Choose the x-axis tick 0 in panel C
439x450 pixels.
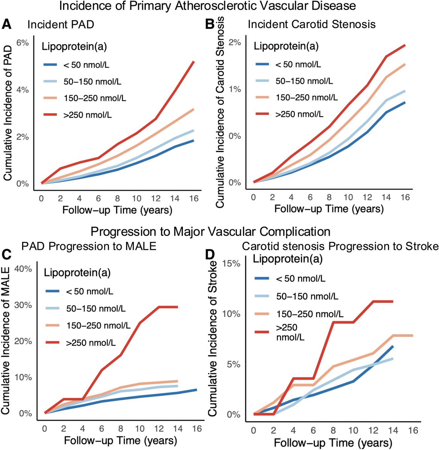coord(45,429)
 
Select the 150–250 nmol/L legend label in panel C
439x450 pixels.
coord(97,325)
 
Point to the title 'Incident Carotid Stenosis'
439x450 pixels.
coord(312,25)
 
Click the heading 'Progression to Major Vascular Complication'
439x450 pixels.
coord(210,231)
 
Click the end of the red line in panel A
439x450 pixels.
coord(193,61)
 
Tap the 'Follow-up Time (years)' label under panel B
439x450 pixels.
coord(329,208)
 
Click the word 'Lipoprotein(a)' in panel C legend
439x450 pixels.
coord(77,273)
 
